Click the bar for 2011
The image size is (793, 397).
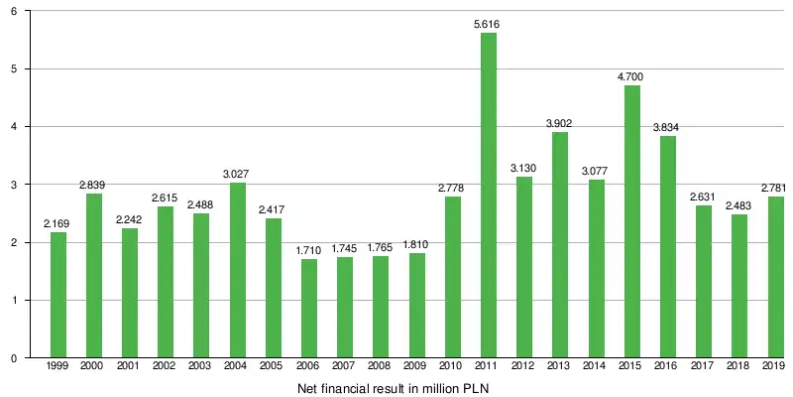[x=489, y=195]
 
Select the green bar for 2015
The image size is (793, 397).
[x=632, y=221]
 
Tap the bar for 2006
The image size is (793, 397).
[x=309, y=308]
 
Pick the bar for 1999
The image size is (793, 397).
[x=58, y=295]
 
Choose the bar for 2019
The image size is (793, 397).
[x=775, y=277]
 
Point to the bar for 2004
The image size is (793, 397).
[x=238, y=270]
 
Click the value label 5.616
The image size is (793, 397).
[x=489, y=24]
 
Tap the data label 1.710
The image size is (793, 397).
[x=309, y=249]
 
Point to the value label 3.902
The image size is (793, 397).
[x=560, y=123]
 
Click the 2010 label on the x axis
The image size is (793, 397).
[x=453, y=367]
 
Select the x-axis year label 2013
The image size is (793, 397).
[x=560, y=367]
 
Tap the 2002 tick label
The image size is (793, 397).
[x=166, y=367]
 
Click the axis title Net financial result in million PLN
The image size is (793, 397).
[x=394, y=388]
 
